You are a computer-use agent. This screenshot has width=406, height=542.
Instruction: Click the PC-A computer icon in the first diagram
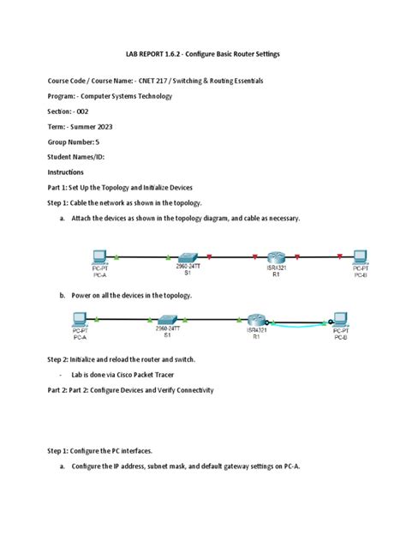coord(100,256)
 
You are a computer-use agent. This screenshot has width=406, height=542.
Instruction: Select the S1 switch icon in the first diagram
coord(187,256)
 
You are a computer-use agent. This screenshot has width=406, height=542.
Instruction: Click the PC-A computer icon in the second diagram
coord(81,318)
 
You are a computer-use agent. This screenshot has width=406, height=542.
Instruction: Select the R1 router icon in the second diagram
coord(254,318)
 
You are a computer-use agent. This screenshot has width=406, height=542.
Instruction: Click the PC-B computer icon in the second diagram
coord(340,318)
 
